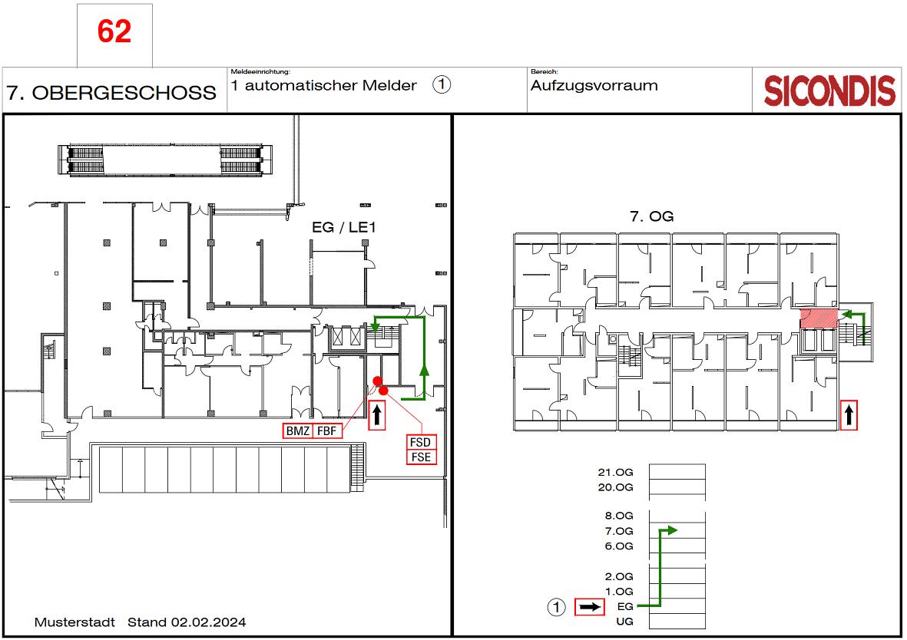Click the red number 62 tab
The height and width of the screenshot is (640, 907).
click(x=114, y=31)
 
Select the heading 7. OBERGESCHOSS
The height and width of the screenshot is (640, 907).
click(x=111, y=93)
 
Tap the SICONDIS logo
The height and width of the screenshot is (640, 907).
click(x=829, y=91)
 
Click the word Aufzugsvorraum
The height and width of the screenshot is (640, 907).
click(x=594, y=86)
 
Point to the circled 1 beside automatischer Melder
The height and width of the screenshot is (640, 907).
click(x=442, y=85)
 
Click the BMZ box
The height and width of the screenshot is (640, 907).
click(x=298, y=431)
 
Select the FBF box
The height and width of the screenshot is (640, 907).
click(x=327, y=431)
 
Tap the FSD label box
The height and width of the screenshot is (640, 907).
click(x=421, y=442)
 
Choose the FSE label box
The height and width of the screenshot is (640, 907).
click(x=421, y=457)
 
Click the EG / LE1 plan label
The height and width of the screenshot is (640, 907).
click(x=343, y=227)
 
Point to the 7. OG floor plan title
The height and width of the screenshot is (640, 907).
click(x=651, y=217)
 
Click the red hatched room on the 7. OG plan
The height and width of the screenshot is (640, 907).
click(x=819, y=318)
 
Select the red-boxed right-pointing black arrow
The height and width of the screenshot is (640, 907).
click(x=589, y=607)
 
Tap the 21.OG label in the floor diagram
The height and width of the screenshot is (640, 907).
click(x=615, y=473)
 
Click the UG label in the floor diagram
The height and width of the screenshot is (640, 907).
click(x=624, y=622)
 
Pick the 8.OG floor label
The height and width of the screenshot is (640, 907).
click(x=619, y=516)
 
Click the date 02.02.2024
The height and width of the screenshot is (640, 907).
click(x=208, y=622)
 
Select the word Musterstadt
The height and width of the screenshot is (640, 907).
click(x=74, y=622)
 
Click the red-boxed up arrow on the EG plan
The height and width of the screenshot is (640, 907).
click(x=377, y=415)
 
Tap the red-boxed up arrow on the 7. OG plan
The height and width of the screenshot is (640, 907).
click(x=849, y=415)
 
